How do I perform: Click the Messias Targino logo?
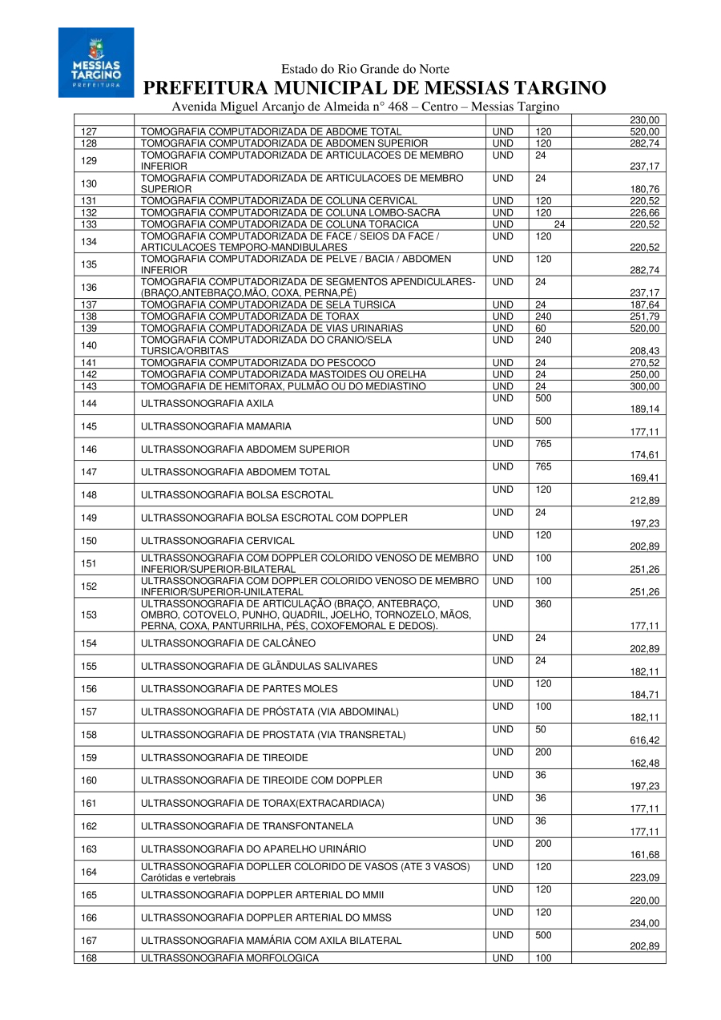[x=96, y=62]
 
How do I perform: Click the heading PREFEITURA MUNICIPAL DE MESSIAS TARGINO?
[x=374, y=88]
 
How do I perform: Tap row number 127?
[x=90, y=131]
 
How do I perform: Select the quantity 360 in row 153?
[x=543, y=603]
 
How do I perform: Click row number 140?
[x=90, y=345]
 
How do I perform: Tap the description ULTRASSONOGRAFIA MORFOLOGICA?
[x=229, y=958]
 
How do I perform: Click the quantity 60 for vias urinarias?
[x=541, y=329]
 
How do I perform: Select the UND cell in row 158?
[x=503, y=729]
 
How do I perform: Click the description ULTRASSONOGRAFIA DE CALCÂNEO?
[x=228, y=643]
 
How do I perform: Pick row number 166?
[x=90, y=917]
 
